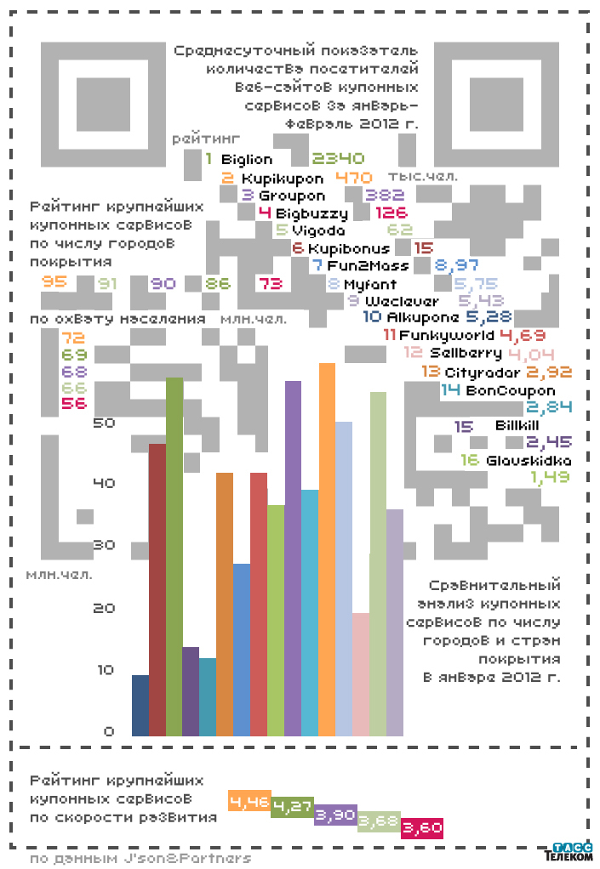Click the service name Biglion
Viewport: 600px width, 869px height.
(247, 159)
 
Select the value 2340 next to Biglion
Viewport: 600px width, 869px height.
(338, 158)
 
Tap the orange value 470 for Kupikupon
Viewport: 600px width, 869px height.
(355, 178)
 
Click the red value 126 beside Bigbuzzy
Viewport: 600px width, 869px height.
(391, 213)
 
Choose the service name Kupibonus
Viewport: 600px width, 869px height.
(349, 248)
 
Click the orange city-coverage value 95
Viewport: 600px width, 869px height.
(54, 281)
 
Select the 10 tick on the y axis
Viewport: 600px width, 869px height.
(103, 670)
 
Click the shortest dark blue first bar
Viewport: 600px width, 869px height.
(140, 705)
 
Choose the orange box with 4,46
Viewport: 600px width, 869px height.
(249, 801)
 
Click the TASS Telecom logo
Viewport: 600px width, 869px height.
(568, 852)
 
